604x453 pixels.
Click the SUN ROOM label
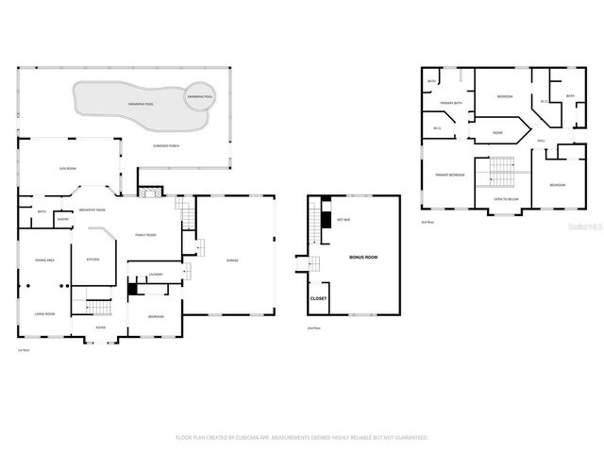[67, 169]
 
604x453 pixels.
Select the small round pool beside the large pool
[199, 98]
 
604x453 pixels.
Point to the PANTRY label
[63, 219]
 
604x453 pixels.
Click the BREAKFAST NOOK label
[92, 210]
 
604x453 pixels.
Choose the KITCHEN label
[92, 260]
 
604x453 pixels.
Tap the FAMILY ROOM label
[145, 235]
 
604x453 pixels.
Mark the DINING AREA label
[44, 260]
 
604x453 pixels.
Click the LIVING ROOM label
[45, 313]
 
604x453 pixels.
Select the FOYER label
[100, 328]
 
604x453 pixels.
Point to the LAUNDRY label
[157, 275]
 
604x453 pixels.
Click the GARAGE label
[231, 260]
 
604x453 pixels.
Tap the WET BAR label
[344, 219]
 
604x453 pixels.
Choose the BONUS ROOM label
[363, 257]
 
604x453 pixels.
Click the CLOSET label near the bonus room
[319, 298]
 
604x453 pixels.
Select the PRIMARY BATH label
[450, 103]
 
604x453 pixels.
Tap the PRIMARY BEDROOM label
[449, 175]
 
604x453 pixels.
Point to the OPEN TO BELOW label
[507, 199]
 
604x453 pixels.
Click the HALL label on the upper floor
[542, 142]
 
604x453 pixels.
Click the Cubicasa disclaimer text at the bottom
[302, 438]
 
